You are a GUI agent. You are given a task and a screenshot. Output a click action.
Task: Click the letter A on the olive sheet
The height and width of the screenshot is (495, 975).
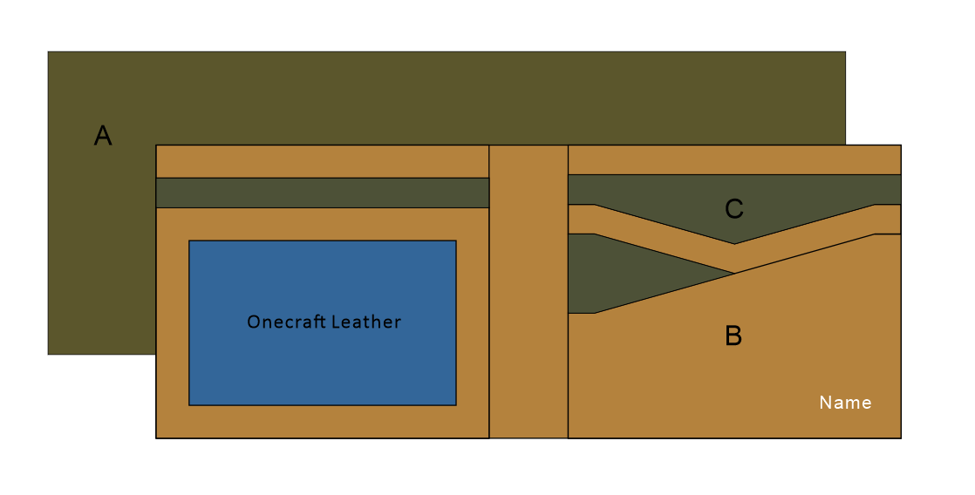tap(103, 136)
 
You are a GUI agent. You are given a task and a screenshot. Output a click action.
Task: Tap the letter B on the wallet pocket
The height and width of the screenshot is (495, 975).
tap(733, 336)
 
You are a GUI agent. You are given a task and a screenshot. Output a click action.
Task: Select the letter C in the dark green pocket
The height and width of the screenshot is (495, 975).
tap(734, 208)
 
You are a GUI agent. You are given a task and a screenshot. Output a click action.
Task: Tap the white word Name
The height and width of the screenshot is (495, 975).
tap(845, 403)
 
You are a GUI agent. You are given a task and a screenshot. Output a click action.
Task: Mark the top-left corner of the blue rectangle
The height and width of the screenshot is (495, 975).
tap(189, 241)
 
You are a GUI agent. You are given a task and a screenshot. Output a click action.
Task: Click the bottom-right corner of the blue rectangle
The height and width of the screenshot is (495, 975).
tap(456, 405)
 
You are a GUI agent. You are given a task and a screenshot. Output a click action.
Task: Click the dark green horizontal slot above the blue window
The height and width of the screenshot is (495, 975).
tap(322, 193)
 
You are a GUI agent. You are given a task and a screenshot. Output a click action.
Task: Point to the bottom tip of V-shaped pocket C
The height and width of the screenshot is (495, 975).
tap(734, 244)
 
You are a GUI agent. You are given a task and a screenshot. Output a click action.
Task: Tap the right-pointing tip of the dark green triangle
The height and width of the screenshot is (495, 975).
tap(733, 274)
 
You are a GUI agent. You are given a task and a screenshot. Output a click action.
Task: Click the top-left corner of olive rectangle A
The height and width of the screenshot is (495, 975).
tap(48, 51)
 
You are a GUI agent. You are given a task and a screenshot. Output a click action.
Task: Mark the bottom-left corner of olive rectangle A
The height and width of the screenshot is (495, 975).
tap(48, 354)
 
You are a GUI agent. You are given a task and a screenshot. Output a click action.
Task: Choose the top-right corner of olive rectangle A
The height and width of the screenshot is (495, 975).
tap(845, 51)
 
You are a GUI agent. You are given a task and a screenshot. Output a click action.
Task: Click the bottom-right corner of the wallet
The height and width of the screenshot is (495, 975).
tap(901, 437)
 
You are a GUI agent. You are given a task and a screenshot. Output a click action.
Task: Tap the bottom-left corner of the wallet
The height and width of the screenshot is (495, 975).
tap(156, 437)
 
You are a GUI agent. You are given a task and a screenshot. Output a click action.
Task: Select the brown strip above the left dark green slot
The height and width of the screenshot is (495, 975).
tap(322, 161)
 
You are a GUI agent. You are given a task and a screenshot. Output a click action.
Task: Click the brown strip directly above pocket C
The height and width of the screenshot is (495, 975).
tap(734, 159)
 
